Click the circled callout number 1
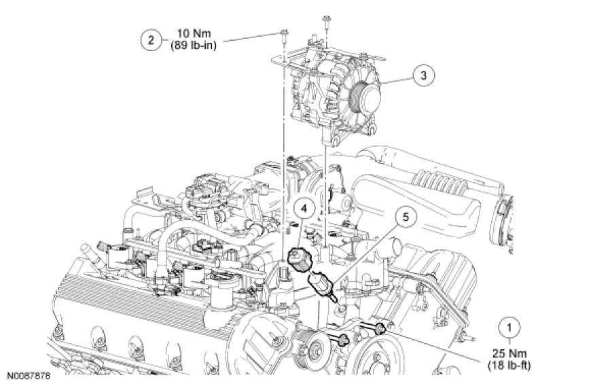pyautogui.click(x=509, y=328)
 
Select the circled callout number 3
pyautogui.click(x=423, y=75)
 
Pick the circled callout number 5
pyautogui.click(x=406, y=217)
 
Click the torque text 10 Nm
pyautogui.click(x=194, y=33)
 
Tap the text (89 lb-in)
pyautogui.click(x=194, y=46)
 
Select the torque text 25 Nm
pyautogui.click(x=509, y=353)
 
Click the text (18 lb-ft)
pyautogui.click(x=509, y=366)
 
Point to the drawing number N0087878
pyautogui.click(x=29, y=376)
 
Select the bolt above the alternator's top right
pyautogui.click(x=326, y=21)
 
